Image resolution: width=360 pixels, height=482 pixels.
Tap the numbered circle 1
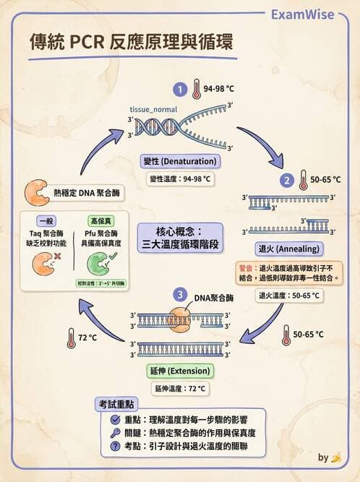tap(179, 89)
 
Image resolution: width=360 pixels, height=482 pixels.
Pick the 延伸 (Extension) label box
tap(179, 371)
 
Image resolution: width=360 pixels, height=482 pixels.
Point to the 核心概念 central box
tap(179, 237)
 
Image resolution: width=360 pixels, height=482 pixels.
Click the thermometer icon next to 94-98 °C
tap(196, 89)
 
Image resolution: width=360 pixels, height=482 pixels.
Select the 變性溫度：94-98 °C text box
tap(180, 178)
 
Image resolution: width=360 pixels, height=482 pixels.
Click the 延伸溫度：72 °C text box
tap(180, 389)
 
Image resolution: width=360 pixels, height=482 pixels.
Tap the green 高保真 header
tap(99, 220)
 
